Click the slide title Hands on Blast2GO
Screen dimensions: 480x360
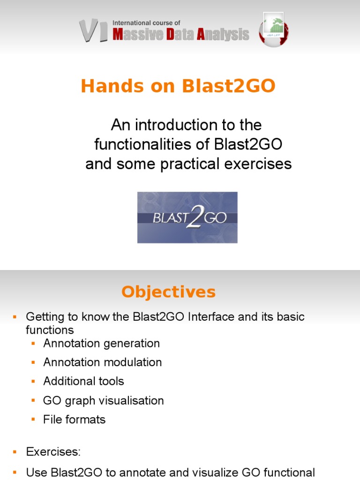(178, 87)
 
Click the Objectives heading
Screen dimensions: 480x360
(168, 292)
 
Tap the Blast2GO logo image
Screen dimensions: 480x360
(187, 217)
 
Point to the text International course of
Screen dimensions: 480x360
(146, 22)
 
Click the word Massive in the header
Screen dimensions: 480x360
(138, 35)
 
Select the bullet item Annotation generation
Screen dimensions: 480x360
(101, 343)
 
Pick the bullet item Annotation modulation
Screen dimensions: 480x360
(102, 362)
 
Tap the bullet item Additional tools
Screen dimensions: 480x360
(83, 381)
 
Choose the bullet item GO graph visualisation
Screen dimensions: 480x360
(103, 401)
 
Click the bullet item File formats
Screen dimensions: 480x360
(74, 420)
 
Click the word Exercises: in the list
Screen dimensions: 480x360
(53, 452)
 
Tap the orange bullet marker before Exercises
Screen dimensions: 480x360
(15, 452)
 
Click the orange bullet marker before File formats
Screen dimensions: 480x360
(33, 420)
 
